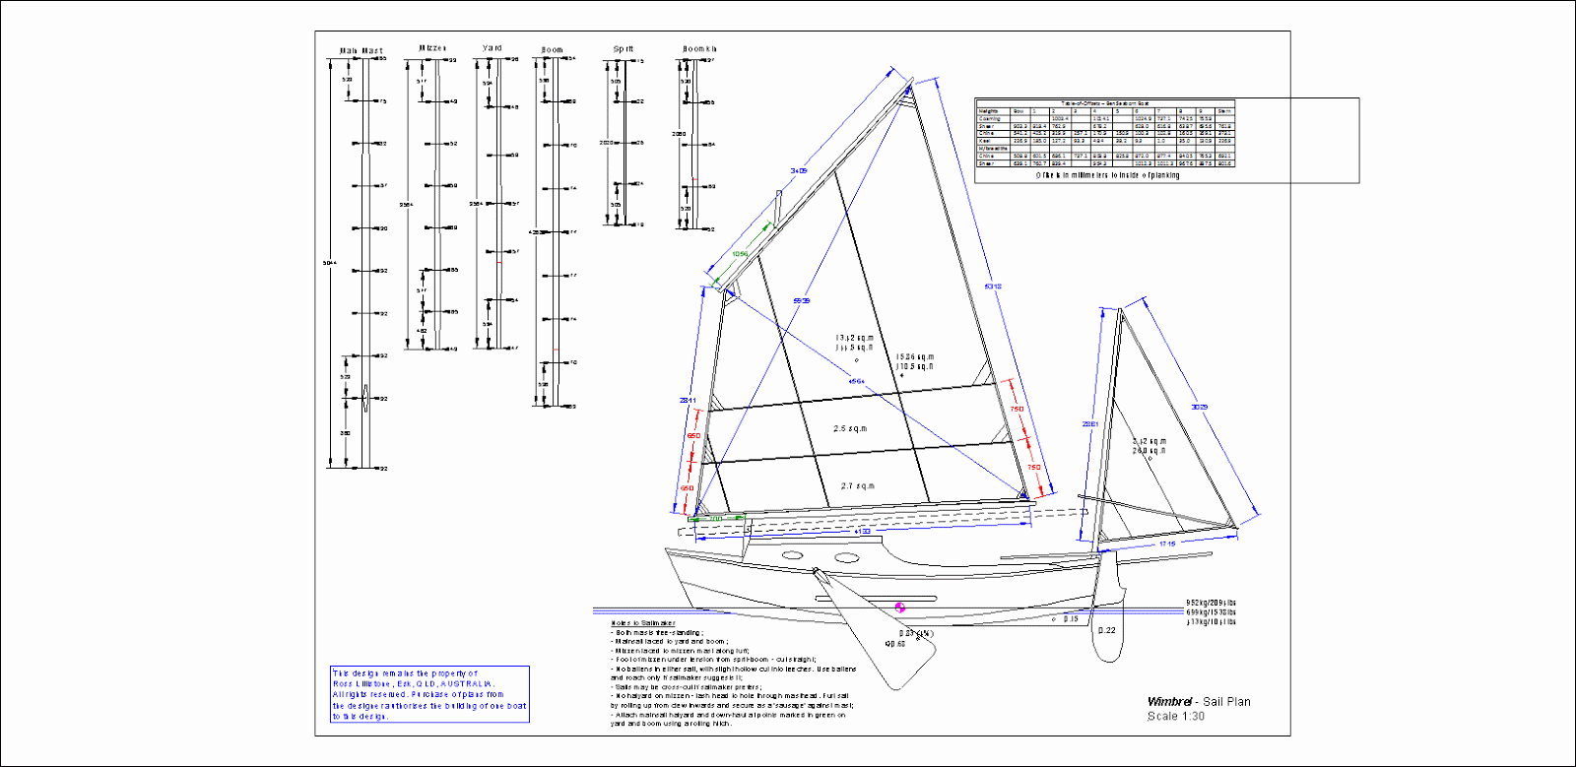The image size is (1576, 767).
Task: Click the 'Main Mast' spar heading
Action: (x=361, y=50)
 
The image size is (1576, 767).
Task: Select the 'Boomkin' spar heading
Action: (x=699, y=48)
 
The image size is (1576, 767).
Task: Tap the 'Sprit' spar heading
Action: (x=624, y=48)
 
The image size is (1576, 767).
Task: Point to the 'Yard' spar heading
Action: (x=492, y=47)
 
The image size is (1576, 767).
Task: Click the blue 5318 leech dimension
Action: (x=993, y=287)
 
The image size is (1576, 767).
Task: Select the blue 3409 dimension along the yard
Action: (x=798, y=171)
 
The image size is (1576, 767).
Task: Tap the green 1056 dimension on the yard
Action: (x=740, y=254)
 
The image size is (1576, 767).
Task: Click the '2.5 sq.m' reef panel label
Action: (x=850, y=429)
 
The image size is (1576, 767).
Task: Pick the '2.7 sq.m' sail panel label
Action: (x=857, y=486)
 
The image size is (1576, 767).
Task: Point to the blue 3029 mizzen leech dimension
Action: (x=1199, y=407)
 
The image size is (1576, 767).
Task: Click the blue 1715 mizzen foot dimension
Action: (x=1167, y=543)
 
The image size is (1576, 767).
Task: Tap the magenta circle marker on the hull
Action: (x=899, y=607)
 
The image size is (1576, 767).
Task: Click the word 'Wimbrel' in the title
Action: (x=1169, y=702)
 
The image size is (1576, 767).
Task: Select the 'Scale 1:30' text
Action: (x=1175, y=717)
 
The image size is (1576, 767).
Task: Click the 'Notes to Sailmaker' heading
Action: (x=643, y=623)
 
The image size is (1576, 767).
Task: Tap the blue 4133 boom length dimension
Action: (x=861, y=532)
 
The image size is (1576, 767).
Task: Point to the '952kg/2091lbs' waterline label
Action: (x=1211, y=603)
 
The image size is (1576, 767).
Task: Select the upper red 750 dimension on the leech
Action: (x=1016, y=409)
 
